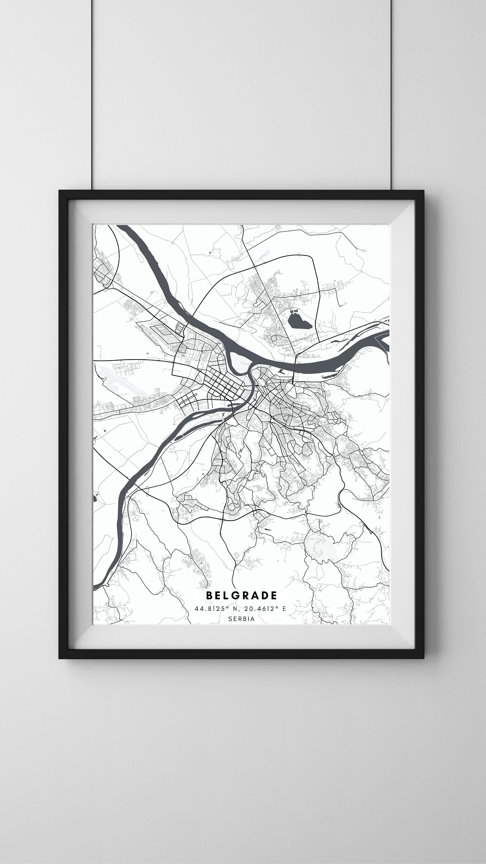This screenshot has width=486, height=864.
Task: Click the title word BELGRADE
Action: click(x=242, y=595)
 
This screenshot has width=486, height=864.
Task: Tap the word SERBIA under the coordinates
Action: click(x=242, y=619)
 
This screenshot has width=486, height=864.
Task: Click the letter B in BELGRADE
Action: click(x=209, y=595)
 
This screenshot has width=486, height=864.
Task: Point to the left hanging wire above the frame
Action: click(x=92, y=94)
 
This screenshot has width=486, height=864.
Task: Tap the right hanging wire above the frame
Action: click(x=391, y=94)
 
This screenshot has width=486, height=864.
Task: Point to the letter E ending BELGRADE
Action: click(x=274, y=595)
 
